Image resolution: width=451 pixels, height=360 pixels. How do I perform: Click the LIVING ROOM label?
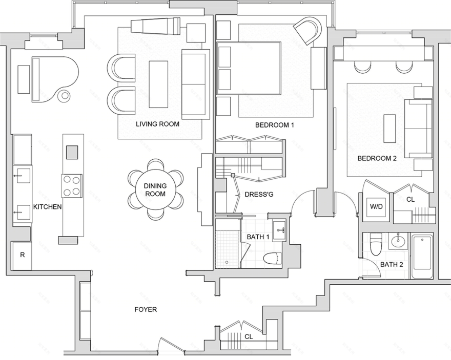click(157, 124)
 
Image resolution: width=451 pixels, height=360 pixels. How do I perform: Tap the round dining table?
click(155, 190)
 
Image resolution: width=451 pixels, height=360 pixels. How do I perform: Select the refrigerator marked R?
click(22, 256)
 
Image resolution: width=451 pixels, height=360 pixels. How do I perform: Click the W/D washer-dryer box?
click(377, 206)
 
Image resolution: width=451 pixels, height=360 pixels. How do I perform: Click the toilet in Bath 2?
click(376, 244)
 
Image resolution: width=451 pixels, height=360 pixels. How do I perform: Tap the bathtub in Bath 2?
click(422, 257)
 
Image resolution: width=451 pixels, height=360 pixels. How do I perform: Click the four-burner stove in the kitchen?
click(72, 186)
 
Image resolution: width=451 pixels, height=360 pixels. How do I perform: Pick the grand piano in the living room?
click(55, 79)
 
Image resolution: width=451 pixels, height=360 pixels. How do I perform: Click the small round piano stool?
click(64, 96)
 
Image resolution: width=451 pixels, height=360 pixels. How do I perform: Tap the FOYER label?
click(146, 309)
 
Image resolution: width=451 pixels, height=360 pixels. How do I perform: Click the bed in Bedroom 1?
click(249, 69)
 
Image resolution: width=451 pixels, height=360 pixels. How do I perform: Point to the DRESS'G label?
click(259, 195)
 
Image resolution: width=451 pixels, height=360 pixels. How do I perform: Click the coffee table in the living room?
click(158, 84)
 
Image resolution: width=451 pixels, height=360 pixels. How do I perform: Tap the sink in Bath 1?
click(279, 230)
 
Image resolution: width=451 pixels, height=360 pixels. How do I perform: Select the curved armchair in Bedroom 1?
click(308, 30)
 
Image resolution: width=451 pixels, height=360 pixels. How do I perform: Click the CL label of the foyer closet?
click(249, 336)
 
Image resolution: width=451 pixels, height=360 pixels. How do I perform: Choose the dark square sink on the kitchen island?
click(72, 152)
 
